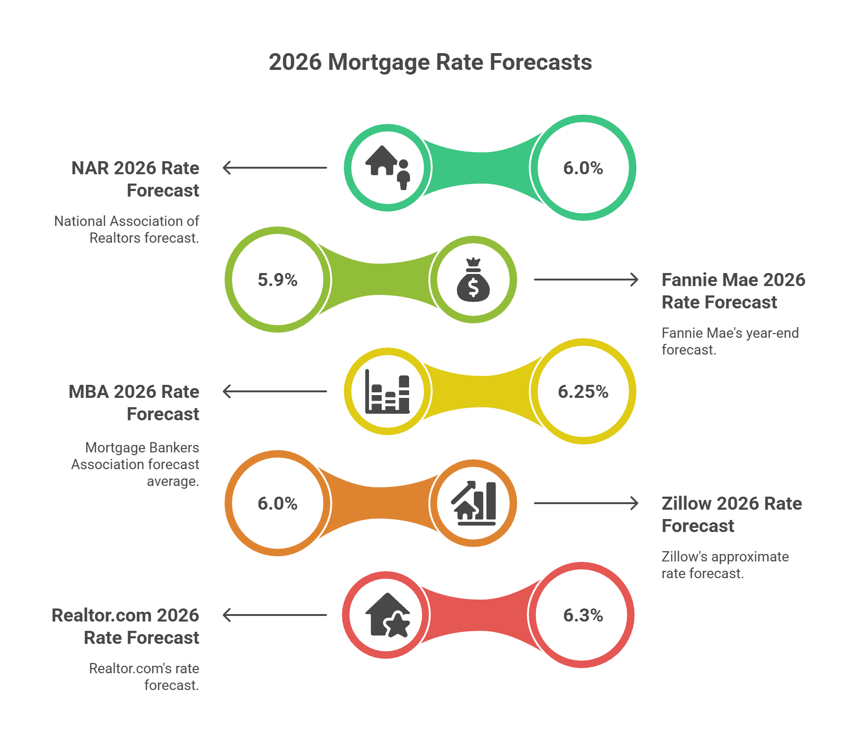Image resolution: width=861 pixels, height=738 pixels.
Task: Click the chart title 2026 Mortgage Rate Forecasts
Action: click(430, 62)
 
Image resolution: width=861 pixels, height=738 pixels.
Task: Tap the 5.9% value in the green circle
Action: click(277, 280)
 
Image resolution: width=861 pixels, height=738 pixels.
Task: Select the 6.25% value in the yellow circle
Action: click(583, 391)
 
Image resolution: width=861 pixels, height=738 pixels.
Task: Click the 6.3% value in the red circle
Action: click(583, 615)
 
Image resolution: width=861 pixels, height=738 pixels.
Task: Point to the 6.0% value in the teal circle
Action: click(583, 168)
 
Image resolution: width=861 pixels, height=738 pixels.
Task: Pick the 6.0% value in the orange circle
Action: click(277, 503)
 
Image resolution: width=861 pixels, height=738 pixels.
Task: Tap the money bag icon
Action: click(473, 280)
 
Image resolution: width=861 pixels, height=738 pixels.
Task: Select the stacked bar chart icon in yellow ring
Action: click(387, 391)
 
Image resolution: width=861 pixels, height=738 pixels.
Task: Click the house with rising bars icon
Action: click(473, 503)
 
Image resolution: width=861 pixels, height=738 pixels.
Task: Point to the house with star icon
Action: click(387, 615)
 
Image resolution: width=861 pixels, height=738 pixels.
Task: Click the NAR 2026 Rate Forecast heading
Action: click(135, 179)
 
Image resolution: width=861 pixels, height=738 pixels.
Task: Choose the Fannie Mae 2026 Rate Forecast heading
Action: click(733, 291)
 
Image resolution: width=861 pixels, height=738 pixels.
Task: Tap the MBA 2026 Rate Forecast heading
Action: click(134, 403)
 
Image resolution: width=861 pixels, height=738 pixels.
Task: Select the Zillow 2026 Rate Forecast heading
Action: click(731, 514)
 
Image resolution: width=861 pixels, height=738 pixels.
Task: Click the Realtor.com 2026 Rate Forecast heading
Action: click(125, 626)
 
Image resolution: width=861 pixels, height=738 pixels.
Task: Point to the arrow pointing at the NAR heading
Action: click(275, 168)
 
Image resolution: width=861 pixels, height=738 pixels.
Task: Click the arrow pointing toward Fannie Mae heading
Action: click(586, 280)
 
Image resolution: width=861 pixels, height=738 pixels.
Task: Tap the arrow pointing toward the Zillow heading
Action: click(586, 503)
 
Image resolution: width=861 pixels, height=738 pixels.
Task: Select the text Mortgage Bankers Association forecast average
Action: click(135, 464)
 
